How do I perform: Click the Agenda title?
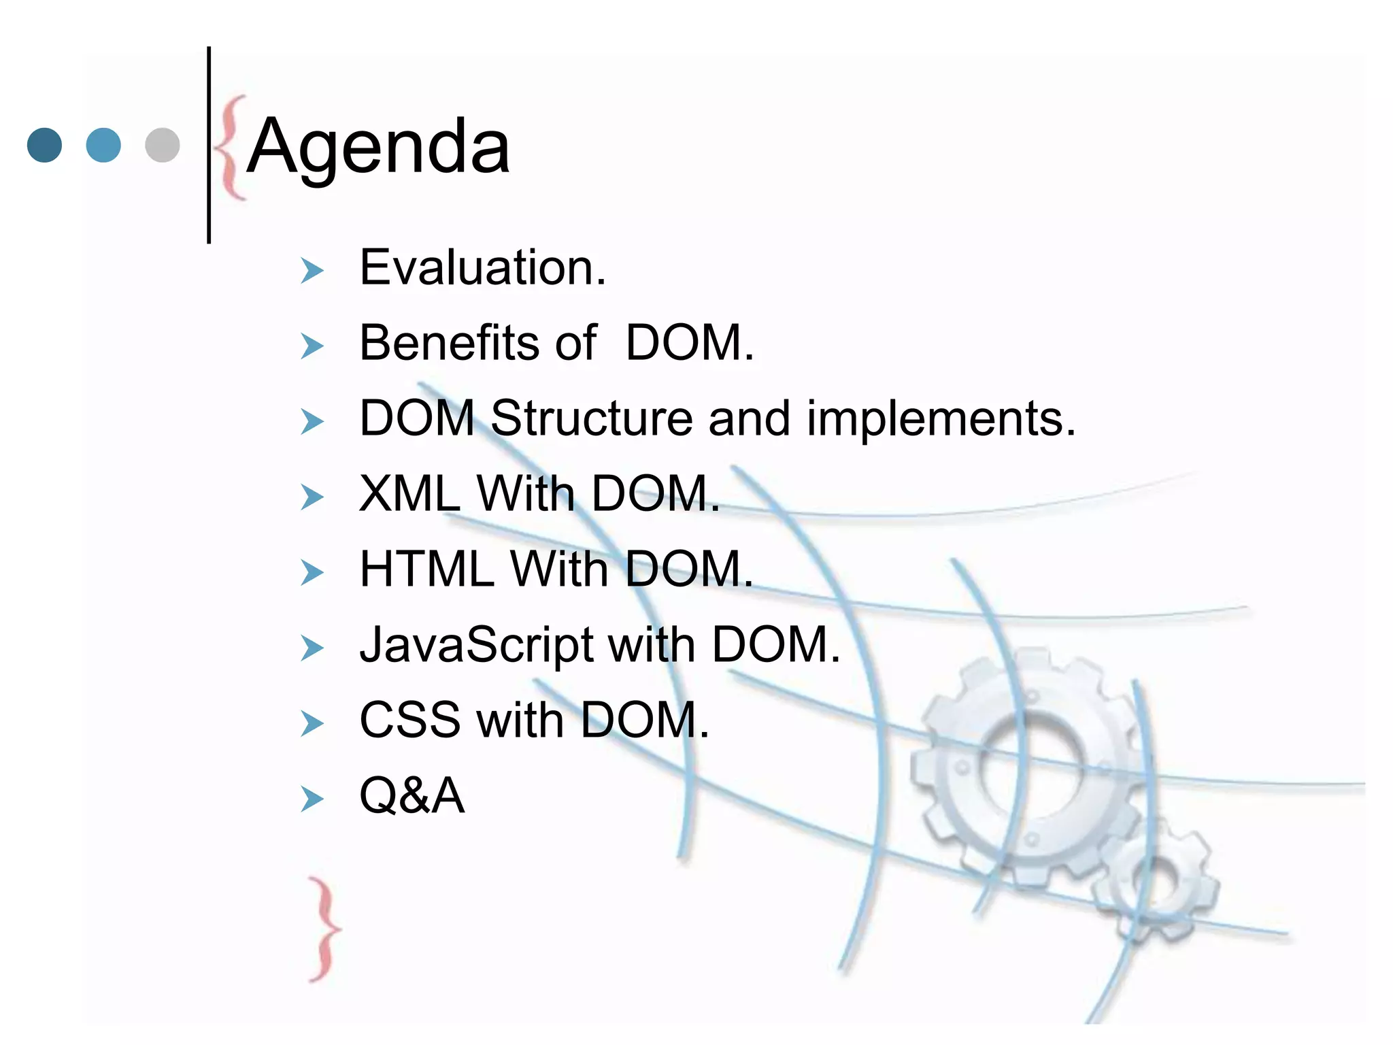pyautogui.click(x=378, y=147)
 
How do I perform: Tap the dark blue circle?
pyautogui.click(x=44, y=145)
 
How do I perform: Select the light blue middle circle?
pyautogui.click(x=103, y=145)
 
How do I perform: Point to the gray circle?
pyautogui.click(x=163, y=145)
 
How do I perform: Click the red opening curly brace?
pyautogui.click(x=230, y=148)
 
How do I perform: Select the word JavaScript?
pyautogui.click(x=476, y=645)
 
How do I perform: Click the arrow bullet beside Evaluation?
pyautogui.click(x=312, y=271)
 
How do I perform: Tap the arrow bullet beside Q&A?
pyautogui.click(x=312, y=799)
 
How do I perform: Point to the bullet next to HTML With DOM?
pyautogui.click(x=312, y=573)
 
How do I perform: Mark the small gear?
pyautogui.click(x=1156, y=884)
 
